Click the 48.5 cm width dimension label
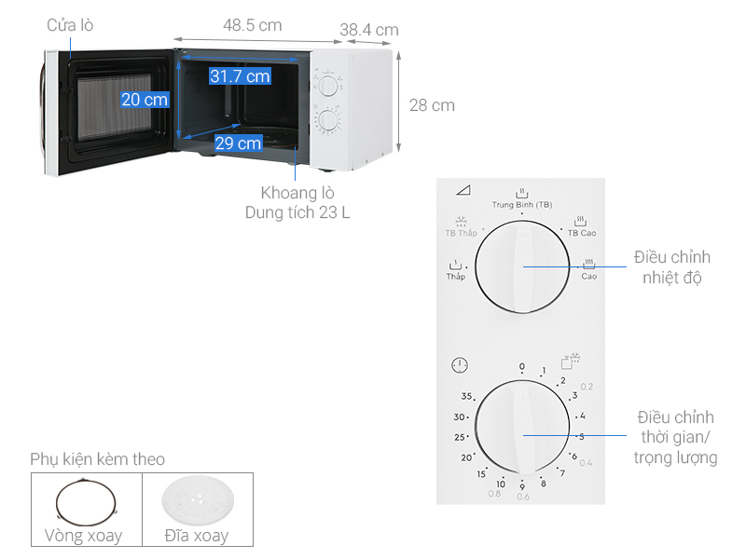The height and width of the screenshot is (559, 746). tap(253, 26)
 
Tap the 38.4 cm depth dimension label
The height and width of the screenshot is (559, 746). tap(368, 30)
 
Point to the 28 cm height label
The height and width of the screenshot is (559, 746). tap(432, 105)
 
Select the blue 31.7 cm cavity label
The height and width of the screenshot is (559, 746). tap(240, 76)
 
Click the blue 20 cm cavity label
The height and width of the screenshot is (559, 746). tap(145, 100)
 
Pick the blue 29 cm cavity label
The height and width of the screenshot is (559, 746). tap(238, 143)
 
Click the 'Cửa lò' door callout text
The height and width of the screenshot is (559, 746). tap(70, 26)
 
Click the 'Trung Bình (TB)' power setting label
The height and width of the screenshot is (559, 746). tap(522, 204)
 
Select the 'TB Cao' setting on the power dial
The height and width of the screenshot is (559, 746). tap(582, 232)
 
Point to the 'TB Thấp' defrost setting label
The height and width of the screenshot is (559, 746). tap(461, 232)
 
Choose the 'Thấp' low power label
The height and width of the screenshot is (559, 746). tap(455, 277)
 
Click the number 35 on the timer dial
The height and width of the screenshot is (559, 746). tap(467, 397)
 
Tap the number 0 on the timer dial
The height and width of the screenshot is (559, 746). tap(522, 366)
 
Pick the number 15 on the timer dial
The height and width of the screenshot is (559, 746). tap(481, 474)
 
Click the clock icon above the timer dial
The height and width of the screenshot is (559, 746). tap(459, 366)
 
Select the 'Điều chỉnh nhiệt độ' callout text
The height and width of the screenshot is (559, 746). tap(671, 266)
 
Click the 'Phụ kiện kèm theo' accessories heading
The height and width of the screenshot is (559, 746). tap(97, 459)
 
